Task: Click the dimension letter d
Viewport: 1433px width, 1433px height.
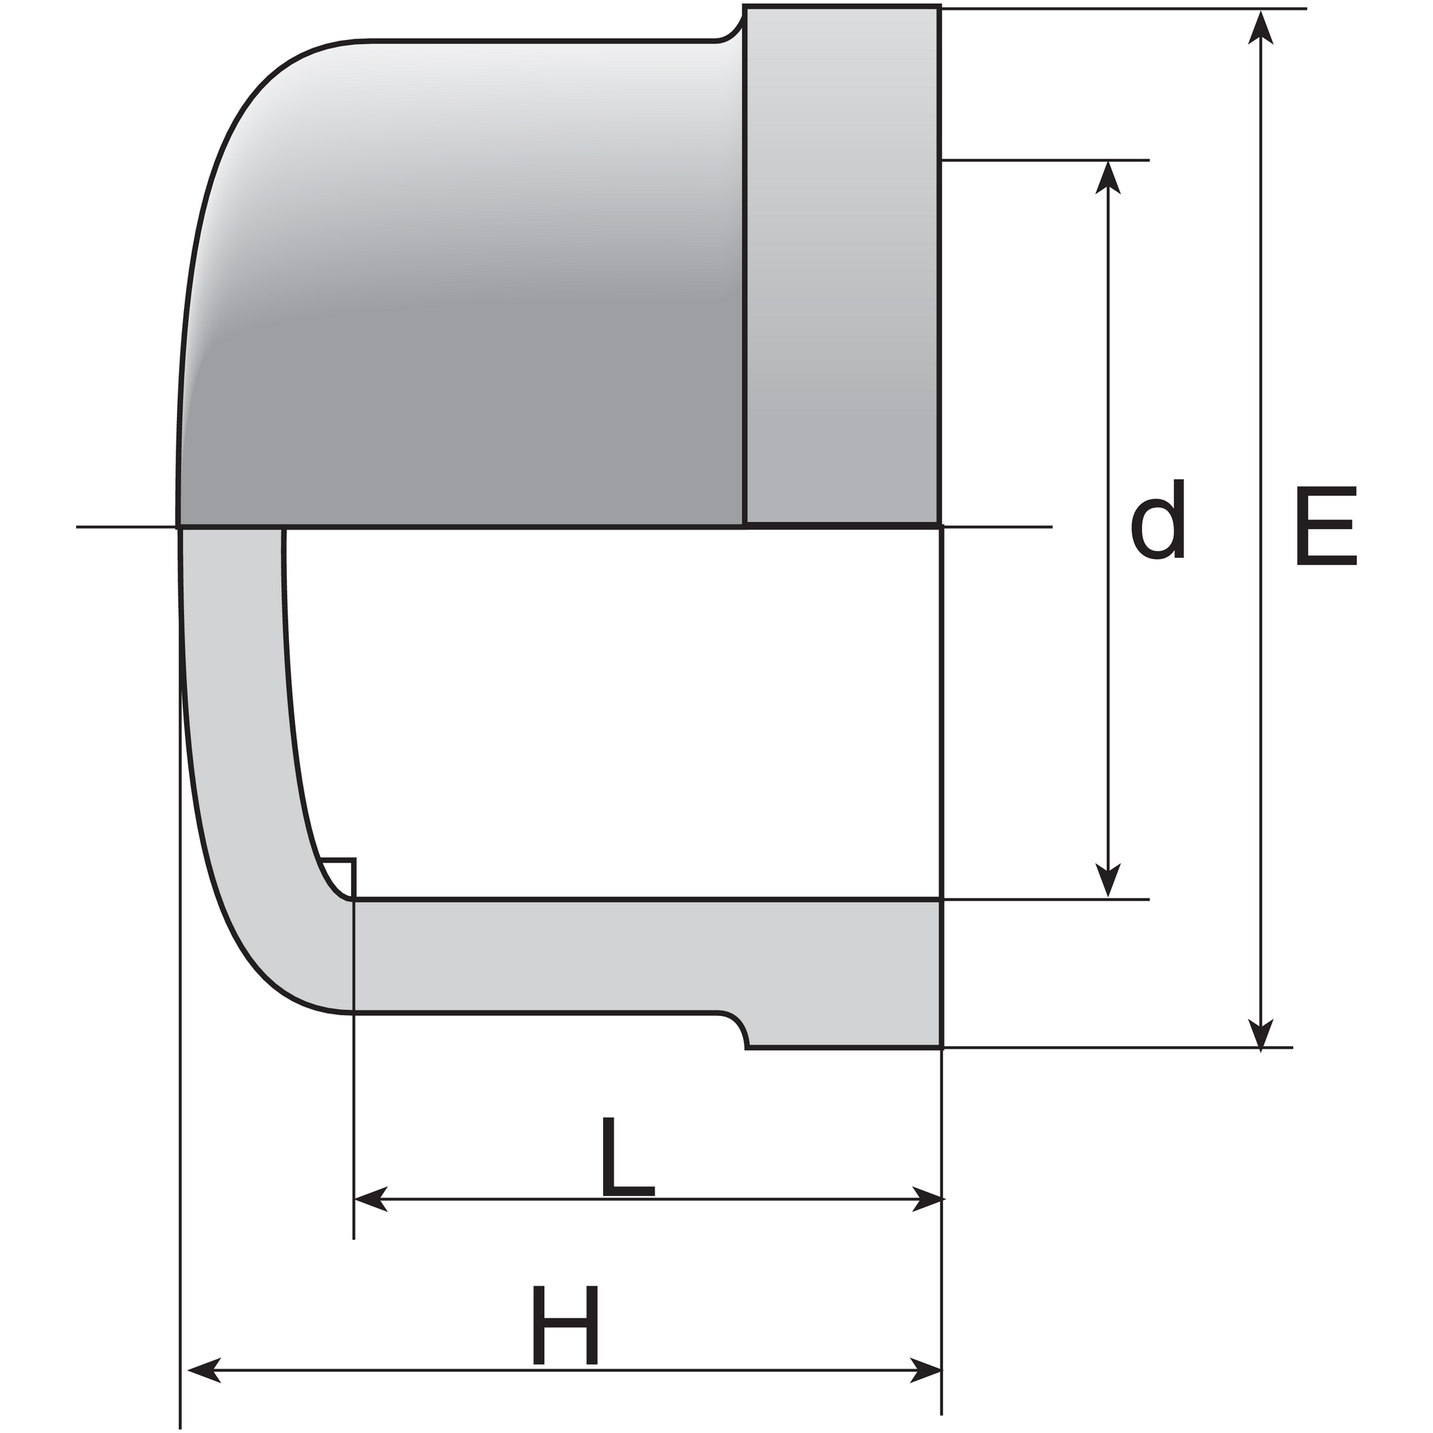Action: click(x=1158, y=518)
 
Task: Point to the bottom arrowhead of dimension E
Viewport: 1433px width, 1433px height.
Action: click(x=1260, y=1033)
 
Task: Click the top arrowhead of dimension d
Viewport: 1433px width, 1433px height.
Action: click(x=1108, y=177)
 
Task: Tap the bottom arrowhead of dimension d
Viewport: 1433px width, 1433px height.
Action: click(x=1108, y=880)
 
